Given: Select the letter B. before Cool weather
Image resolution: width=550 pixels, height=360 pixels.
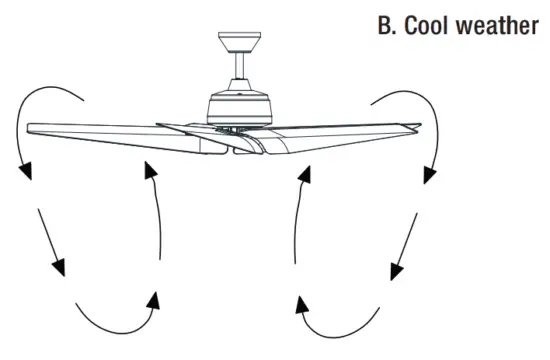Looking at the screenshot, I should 388,25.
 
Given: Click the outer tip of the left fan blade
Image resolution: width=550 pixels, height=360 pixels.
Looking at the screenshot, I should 35,128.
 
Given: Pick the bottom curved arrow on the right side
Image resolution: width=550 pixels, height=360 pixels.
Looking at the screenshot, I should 340,318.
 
